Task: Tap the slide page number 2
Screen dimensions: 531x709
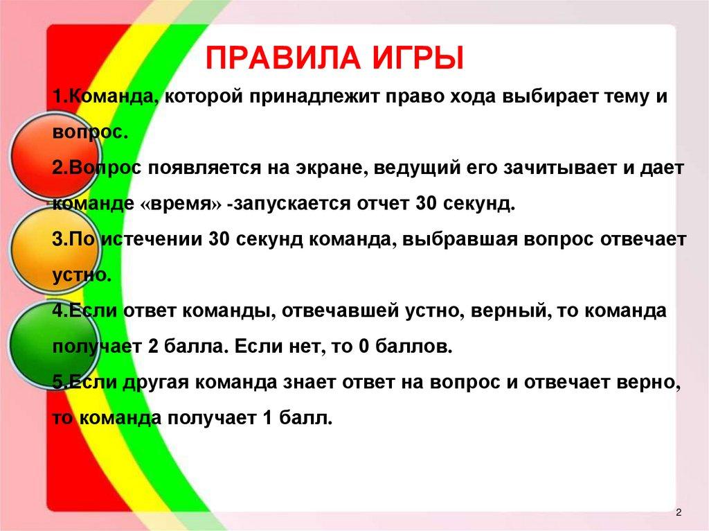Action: click(x=679, y=512)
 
